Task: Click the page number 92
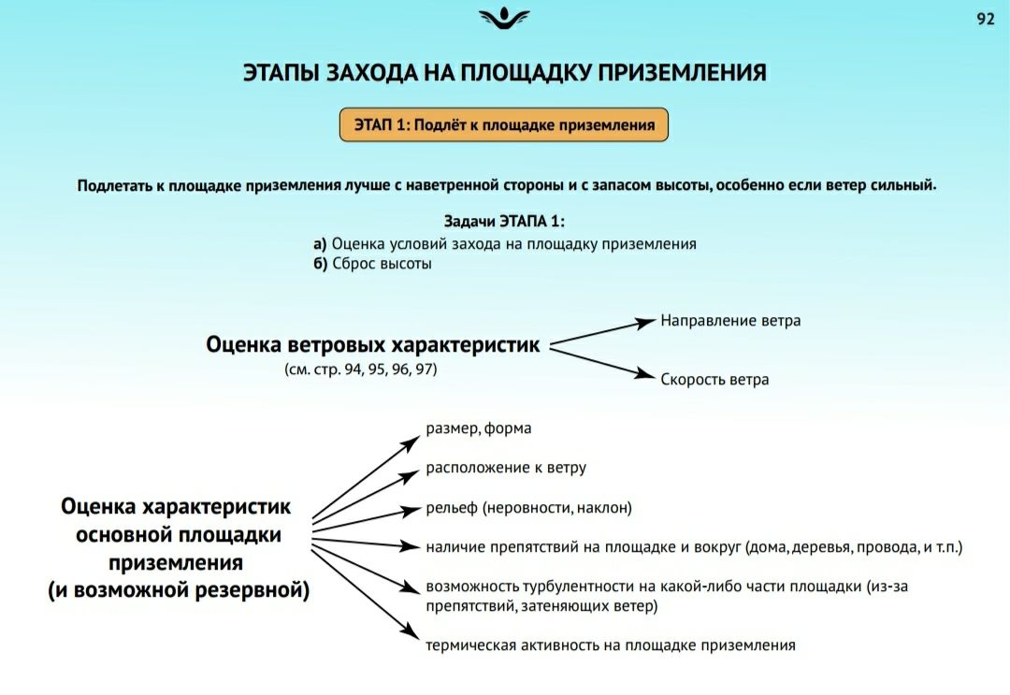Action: click(x=986, y=20)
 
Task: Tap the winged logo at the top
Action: click(x=504, y=18)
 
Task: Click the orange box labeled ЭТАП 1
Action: click(x=504, y=125)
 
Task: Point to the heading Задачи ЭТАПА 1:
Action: click(x=504, y=222)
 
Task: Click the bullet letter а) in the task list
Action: click(x=320, y=244)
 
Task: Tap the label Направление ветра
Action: click(x=730, y=321)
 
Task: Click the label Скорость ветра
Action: click(x=714, y=380)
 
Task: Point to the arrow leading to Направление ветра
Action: click(x=602, y=332)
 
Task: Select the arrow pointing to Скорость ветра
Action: click(x=602, y=364)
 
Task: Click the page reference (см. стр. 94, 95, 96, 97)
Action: click(x=361, y=369)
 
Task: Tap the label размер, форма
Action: click(x=479, y=428)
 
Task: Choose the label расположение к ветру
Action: click(x=506, y=469)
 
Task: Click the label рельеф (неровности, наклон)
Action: click(x=528, y=508)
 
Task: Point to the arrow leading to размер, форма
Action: click(x=366, y=477)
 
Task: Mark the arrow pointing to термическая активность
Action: click(x=366, y=594)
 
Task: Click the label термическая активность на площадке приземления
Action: click(x=611, y=645)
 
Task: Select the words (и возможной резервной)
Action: click(x=179, y=590)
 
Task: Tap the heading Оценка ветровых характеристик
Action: click(x=373, y=345)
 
